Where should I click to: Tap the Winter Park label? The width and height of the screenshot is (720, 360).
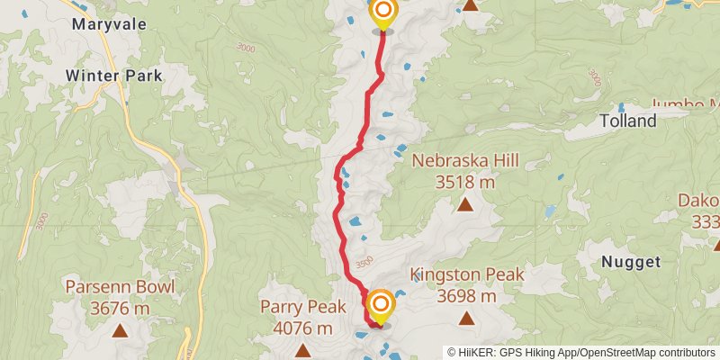click(114, 76)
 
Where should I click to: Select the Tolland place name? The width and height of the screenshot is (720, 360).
click(628, 121)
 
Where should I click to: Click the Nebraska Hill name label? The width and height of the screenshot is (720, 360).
click(465, 162)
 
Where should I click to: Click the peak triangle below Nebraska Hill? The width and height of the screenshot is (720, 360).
click(465, 204)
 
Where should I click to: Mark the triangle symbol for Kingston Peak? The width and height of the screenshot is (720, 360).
click(466, 317)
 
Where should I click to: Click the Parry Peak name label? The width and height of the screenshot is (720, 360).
click(301, 307)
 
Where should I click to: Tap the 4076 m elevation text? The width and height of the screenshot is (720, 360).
click(301, 328)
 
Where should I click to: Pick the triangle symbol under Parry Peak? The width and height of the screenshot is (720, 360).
click(301, 349)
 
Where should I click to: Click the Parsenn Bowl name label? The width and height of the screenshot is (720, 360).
click(120, 288)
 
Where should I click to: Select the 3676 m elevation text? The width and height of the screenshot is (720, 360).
click(120, 309)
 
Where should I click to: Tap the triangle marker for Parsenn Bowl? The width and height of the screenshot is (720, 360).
click(120, 330)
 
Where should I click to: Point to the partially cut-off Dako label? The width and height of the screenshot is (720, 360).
click(705, 201)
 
